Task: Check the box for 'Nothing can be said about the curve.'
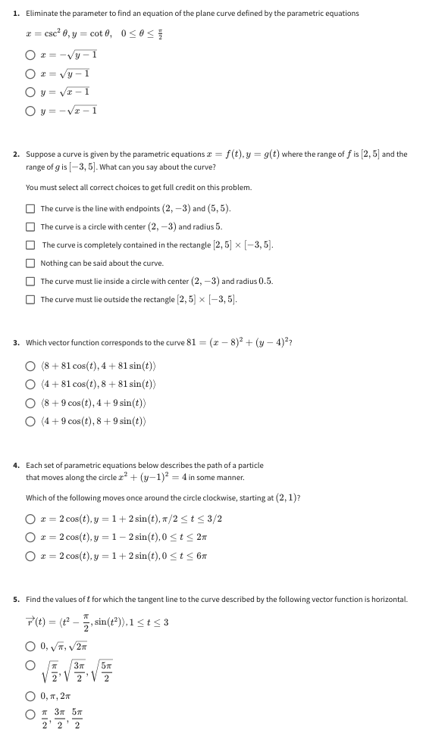31,263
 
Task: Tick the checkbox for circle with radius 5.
31,226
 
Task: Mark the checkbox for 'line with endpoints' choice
31,208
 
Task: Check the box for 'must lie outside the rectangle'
31,299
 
